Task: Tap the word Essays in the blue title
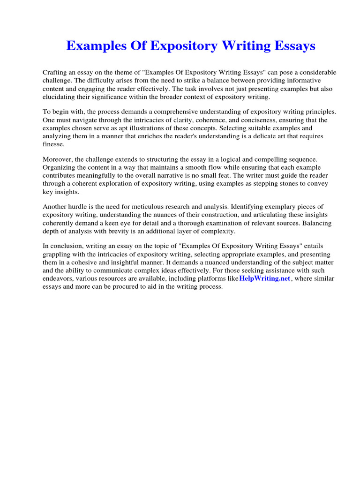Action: [x=293, y=46]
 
